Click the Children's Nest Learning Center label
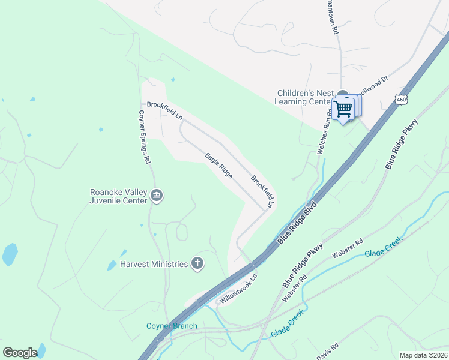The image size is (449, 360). (304, 97)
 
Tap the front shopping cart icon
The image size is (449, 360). (343, 110)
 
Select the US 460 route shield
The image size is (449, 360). (402, 98)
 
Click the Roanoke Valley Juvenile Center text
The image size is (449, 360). (119, 196)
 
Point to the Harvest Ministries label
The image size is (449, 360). (154, 263)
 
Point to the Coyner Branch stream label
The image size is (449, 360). (172, 326)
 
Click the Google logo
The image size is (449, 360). (20, 352)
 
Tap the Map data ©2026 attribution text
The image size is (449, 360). (423, 355)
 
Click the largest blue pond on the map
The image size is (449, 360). (10, 254)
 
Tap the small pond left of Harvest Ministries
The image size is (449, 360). (112, 265)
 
